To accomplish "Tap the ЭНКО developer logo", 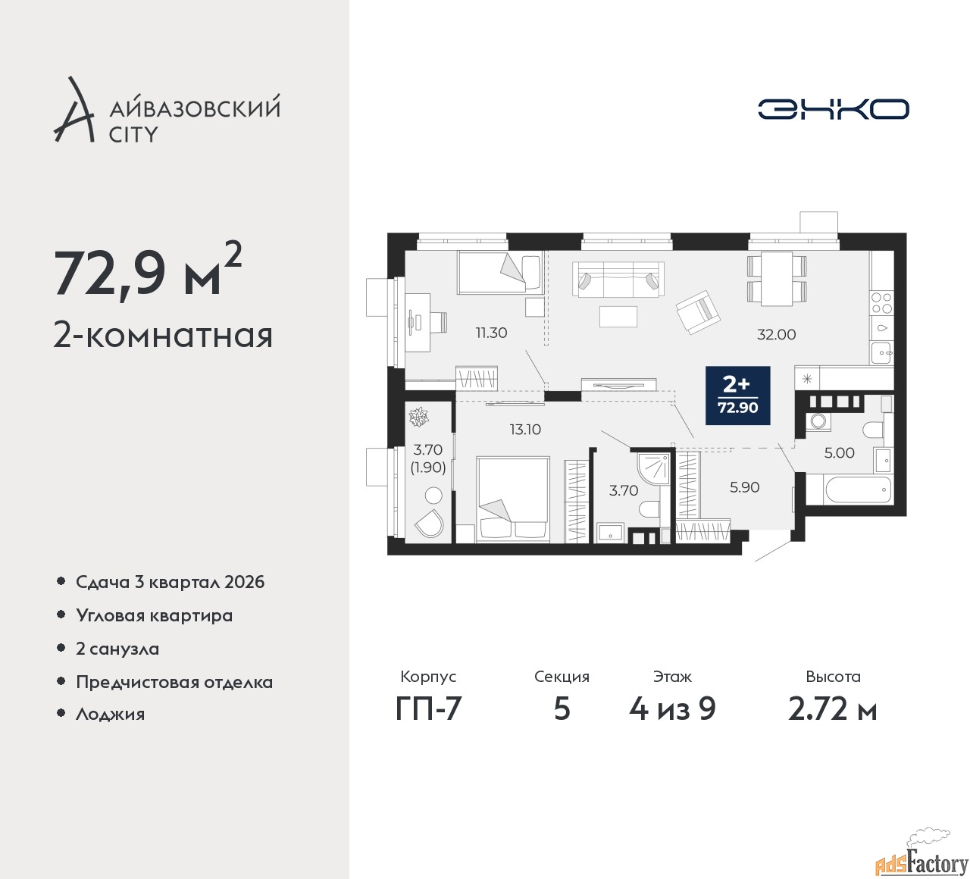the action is tap(833, 109).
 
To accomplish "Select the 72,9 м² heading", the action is tap(148, 272).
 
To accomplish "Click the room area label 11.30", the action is tap(491, 333).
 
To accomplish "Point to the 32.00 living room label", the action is tap(776, 335).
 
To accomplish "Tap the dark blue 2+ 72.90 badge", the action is tap(738, 396).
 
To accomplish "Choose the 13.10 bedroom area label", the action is tap(525, 430).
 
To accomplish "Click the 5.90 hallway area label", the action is tap(745, 487).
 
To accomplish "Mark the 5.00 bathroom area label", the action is tap(840, 452).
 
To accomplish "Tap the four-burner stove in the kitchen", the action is tap(881, 302).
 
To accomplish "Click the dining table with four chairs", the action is tap(777, 279).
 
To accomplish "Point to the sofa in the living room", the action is tap(618, 279).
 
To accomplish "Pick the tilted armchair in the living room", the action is tap(698, 312).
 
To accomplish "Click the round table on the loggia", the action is tap(433, 495).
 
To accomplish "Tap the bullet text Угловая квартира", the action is tap(155, 615).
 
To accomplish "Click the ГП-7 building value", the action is tap(429, 709).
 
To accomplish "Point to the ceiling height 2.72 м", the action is tap(833, 709).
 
